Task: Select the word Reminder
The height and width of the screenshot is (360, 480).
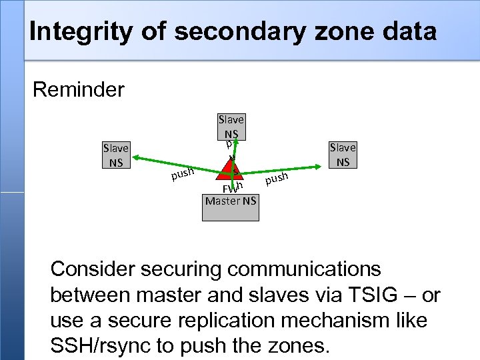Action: pos(79,89)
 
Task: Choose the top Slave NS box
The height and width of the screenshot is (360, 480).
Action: pos(231,126)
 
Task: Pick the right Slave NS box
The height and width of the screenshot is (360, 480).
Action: pos(343,154)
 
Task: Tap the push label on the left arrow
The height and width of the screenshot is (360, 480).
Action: pos(182,174)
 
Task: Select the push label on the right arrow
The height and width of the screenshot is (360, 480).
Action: pos(276,178)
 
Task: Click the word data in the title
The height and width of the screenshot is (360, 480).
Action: pos(410,32)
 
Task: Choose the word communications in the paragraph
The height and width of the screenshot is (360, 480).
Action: pos(304,269)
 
